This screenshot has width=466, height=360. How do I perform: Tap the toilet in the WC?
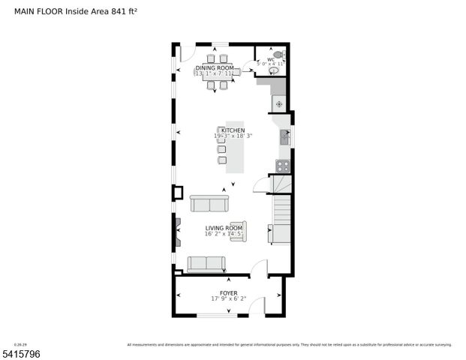278,55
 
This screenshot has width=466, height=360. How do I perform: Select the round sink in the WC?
273,72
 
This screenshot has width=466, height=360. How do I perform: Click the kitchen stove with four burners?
283,166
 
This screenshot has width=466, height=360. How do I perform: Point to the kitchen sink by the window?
284,136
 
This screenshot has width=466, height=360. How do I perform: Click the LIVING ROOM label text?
224,227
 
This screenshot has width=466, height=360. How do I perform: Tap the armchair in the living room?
237,231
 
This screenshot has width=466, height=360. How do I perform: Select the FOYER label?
228,293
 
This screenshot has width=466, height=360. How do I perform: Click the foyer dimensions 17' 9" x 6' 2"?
228,299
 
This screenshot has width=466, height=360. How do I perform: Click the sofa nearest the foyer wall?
206,263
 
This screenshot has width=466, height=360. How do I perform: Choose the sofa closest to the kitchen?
209,203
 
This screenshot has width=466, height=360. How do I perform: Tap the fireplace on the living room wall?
177,230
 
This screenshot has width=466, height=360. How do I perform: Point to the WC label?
270,59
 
